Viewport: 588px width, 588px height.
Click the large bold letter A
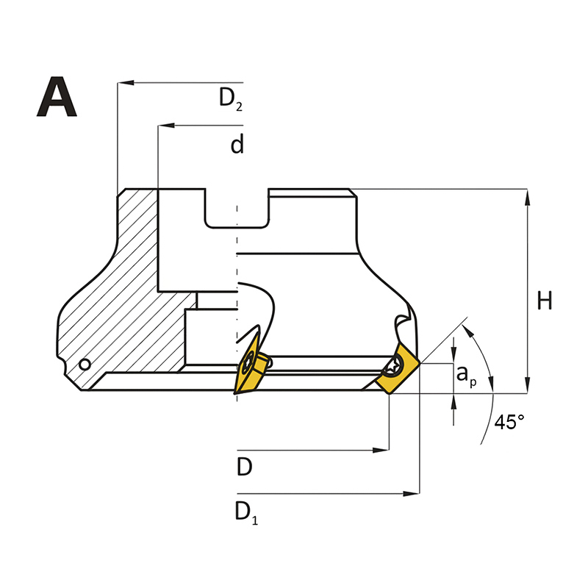[57, 97]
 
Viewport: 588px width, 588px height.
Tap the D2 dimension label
[231, 99]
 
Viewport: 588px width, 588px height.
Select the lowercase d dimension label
[237, 144]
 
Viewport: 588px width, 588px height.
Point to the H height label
[545, 301]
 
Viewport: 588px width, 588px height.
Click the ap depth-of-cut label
[467, 375]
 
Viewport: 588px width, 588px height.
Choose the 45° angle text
[509, 422]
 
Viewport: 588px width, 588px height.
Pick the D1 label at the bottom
[246, 512]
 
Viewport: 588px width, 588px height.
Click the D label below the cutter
[245, 467]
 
